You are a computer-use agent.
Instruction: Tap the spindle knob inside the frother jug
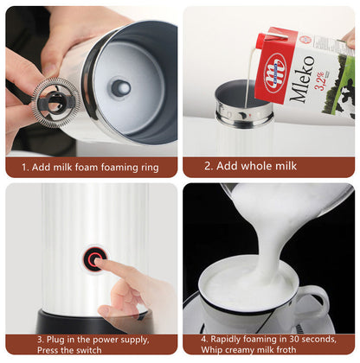pos(120,86)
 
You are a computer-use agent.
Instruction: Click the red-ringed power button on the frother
pos(94,257)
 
